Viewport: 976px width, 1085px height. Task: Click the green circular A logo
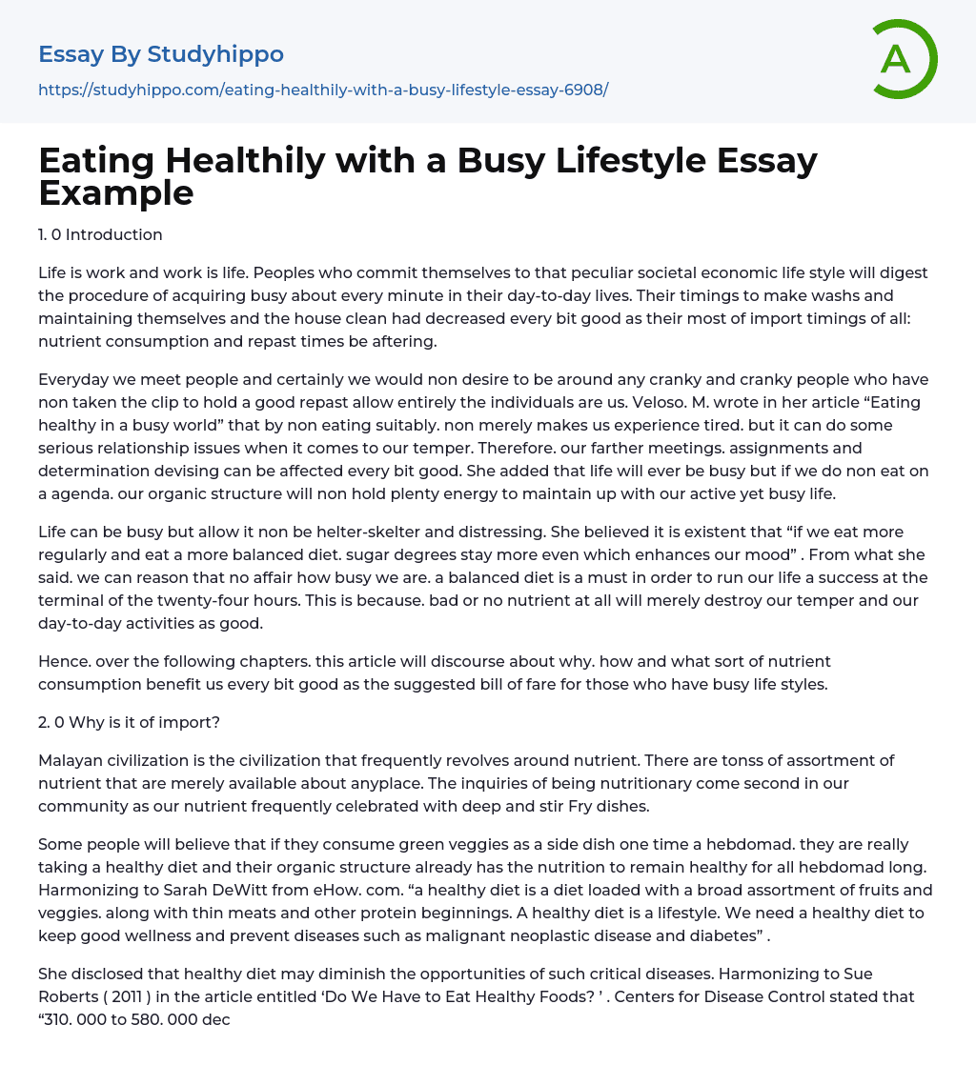point(904,59)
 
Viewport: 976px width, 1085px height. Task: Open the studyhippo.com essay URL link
point(323,90)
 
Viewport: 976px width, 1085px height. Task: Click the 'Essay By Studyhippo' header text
point(161,54)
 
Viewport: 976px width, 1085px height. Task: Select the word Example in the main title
point(116,192)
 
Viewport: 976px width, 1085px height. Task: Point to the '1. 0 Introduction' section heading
point(100,234)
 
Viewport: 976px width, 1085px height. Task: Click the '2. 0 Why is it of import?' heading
point(129,722)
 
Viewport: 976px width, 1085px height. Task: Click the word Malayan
point(71,760)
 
